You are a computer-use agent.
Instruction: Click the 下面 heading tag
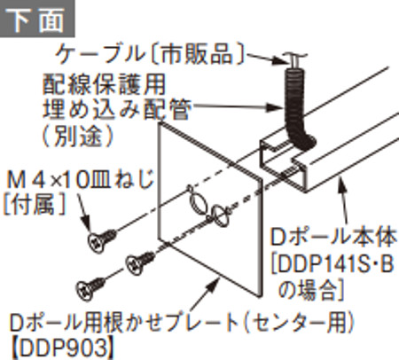point(37,19)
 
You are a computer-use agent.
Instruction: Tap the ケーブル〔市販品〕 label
point(151,54)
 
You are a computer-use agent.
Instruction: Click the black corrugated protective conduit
point(297,109)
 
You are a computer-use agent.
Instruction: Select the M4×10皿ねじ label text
point(80,180)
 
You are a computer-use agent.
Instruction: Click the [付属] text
point(34,205)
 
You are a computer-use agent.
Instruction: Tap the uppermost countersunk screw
point(102,241)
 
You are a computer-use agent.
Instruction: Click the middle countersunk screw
point(140,262)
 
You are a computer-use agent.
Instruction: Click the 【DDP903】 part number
point(62,348)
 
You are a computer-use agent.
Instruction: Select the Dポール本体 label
point(333,239)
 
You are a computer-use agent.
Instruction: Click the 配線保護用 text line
point(104,84)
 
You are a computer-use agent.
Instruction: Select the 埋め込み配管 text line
point(117,109)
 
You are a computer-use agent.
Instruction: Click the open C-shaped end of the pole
point(283,161)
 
